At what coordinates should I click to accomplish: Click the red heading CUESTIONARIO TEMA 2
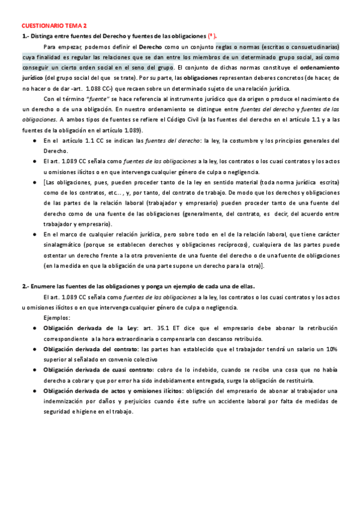coord(54,26)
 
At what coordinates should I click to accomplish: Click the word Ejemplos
coord(57,318)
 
